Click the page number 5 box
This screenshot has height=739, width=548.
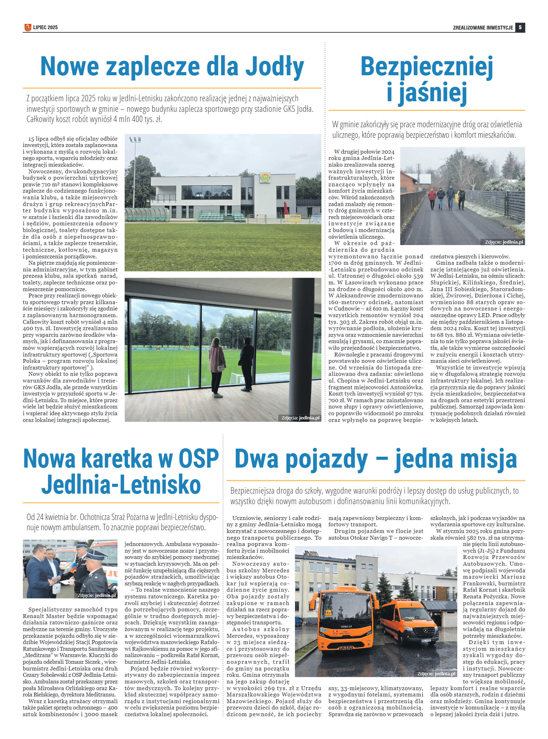pos(520,27)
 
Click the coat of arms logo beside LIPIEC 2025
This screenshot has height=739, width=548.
pos(28,27)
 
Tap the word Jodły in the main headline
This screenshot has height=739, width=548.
pos(274,66)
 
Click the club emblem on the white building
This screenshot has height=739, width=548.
pos(265,178)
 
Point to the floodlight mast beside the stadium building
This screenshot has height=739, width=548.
pos(134,172)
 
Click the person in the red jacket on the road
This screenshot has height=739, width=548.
pos(432,198)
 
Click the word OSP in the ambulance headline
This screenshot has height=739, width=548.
pos(198,459)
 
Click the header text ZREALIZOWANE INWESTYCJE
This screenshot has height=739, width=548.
pos(483,27)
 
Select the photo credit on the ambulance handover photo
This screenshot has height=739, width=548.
pos(96,595)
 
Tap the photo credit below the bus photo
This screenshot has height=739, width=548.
pos(436,674)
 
